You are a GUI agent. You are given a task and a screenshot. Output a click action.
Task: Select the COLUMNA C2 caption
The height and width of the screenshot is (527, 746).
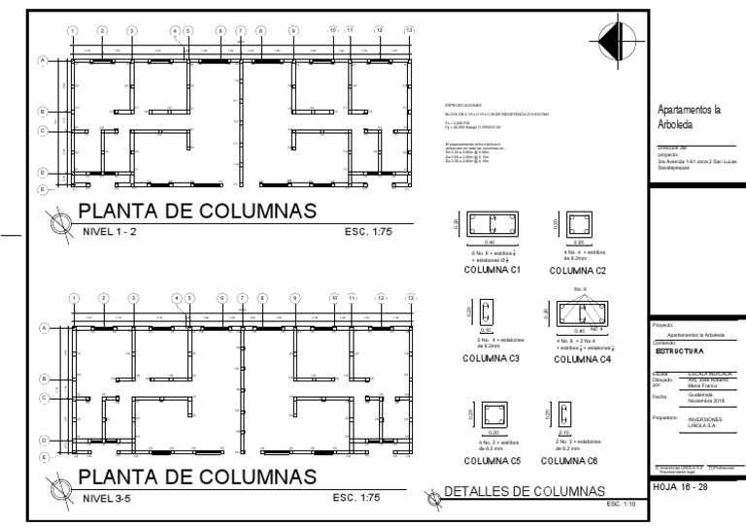pyautogui.click(x=577, y=271)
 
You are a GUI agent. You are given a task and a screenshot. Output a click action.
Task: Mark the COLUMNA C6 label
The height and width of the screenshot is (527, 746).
pyautogui.click(x=577, y=460)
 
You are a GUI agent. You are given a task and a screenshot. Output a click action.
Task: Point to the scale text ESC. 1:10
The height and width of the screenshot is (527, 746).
pyautogui.click(x=620, y=505)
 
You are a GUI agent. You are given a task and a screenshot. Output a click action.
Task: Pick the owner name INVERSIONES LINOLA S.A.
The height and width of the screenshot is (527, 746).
pyautogui.click(x=694, y=422)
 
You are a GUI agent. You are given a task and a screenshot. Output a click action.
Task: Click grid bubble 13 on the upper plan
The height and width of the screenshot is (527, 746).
pyautogui.click(x=409, y=30)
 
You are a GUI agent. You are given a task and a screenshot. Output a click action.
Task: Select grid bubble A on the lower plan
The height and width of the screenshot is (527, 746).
pyautogui.click(x=42, y=328)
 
